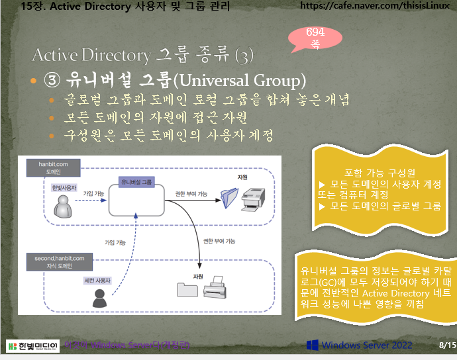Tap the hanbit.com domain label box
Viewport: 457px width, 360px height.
click(x=44, y=166)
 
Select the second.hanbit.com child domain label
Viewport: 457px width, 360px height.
click(x=55, y=261)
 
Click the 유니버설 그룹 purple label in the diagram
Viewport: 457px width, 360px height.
click(x=136, y=181)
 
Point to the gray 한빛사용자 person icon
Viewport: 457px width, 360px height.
click(x=64, y=206)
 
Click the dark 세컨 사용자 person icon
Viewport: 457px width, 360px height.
click(x=99, y=299)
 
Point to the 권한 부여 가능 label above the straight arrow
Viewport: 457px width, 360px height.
click(x=191, y=194)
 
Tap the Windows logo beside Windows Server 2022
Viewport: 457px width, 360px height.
click(x=313, y=345)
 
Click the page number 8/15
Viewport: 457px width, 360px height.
click(x=443, y=345)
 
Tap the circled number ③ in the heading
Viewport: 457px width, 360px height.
click(x=52, y=81)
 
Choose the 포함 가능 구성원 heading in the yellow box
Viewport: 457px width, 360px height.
click(x=377, y=172)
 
